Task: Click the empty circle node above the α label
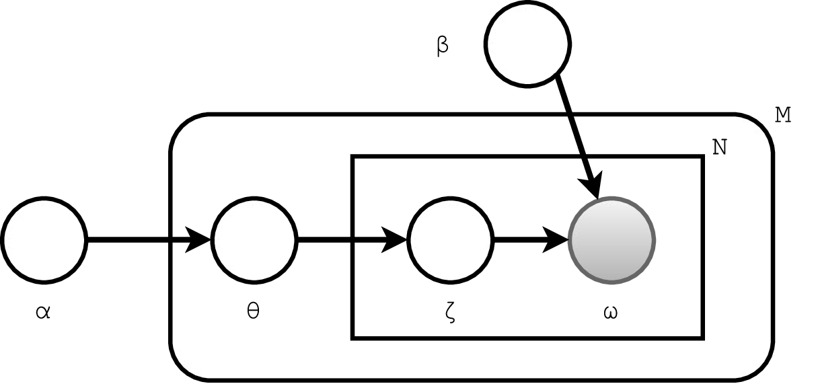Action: (44, 239)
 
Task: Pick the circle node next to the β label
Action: (528, 44)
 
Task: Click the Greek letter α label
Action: (44, 313)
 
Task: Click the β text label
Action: (443, 47)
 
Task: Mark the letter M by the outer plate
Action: (782, 116)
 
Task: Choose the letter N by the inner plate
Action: (719, 147)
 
